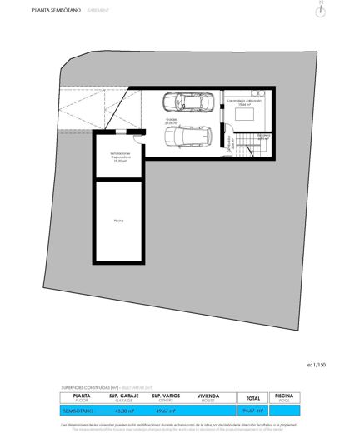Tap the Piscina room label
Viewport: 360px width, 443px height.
[x=118, y=221]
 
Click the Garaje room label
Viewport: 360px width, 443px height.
[x=172, y=120]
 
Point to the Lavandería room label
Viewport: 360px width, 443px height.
[x=244, y=102]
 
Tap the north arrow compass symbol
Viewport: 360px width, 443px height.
[x=321, y=10]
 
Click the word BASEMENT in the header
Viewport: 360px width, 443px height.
[x=115, y=11]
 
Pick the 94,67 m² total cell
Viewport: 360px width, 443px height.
[x=252, y=411]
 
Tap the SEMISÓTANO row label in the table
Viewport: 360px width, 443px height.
[x=82, y=411]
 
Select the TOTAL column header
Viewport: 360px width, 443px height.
[x=252, y=398]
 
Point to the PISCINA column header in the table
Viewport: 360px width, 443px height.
[x=284, y=397]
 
